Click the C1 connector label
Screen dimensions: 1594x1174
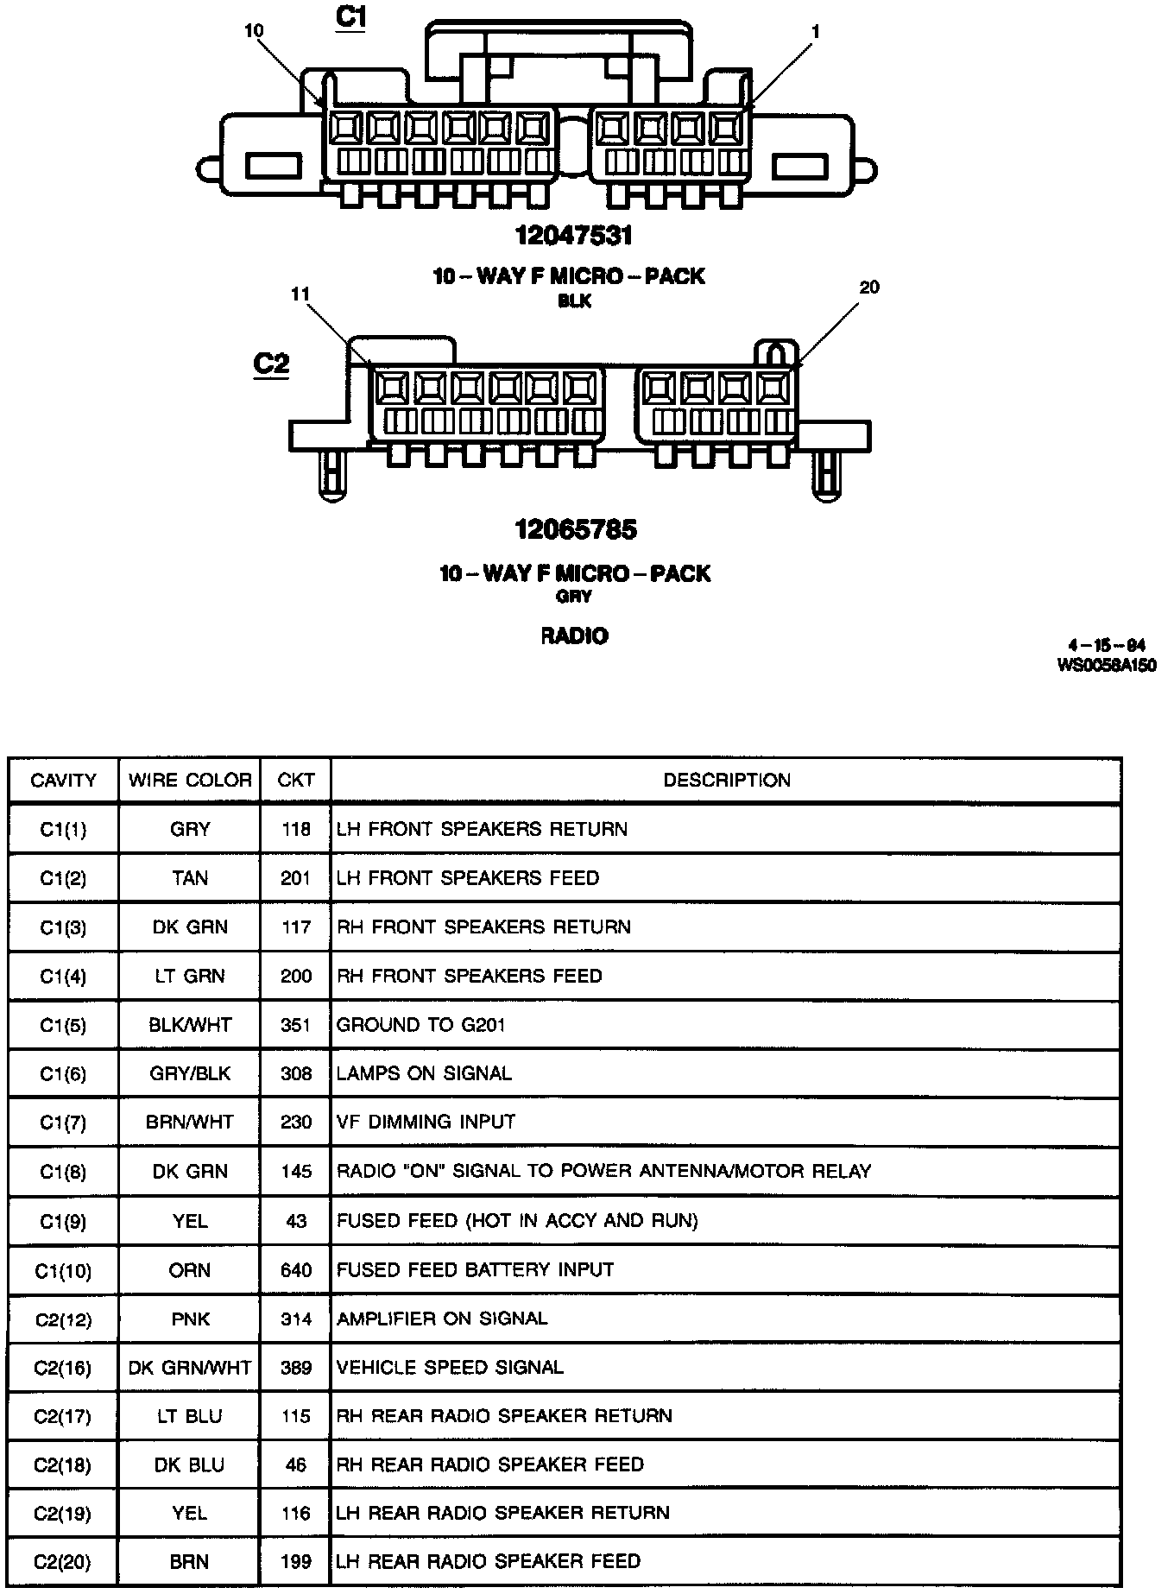click(x=350, y=18)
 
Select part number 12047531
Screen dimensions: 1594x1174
click(x=574, y=235)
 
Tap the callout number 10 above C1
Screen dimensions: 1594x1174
click(x=254, y=31)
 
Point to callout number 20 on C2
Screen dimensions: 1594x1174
click(x=869, y=288)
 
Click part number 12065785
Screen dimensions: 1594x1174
click(x=576, y=529)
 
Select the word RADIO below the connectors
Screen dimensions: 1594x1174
click(x=574, y=636)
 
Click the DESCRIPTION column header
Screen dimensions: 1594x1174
click(x=726, y=781)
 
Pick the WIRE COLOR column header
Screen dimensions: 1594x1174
click(x=190, y=781)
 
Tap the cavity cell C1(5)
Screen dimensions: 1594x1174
click(x=63, y=1026)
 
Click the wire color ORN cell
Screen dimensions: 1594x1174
click(x=190, y=1270)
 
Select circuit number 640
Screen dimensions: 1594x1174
click(x=295, y=1270)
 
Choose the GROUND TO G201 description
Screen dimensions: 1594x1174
click(x=420, y=1025)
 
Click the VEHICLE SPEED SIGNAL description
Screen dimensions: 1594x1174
click(x=450, y=1368)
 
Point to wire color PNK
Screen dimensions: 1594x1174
click(x=190, y=1319)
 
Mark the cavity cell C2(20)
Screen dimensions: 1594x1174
click(x=63, y=1562)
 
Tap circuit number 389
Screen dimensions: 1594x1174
click(x=295, y=1368)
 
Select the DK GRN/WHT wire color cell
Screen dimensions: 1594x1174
click(x=190, y=1368)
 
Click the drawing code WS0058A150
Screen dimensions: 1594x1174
click(x=1106, y=666)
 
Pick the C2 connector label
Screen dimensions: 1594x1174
click(x=271, y=364)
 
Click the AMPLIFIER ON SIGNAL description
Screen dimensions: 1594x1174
click(x=442, y=1319)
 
